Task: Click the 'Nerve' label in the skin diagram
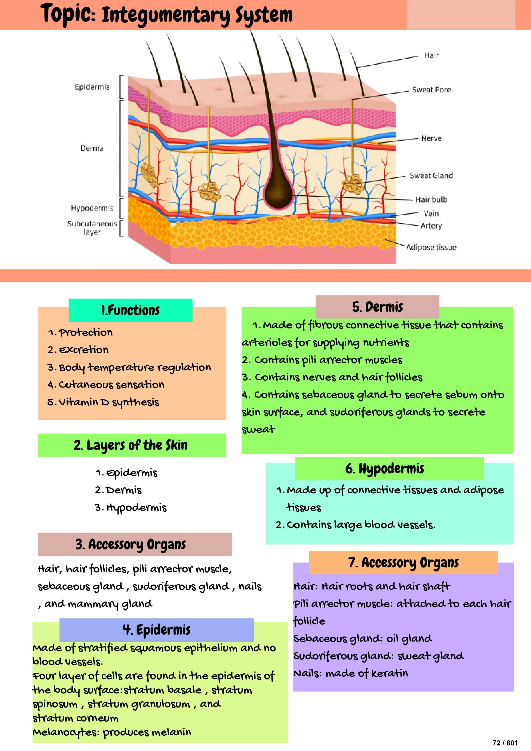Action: coord(431,138)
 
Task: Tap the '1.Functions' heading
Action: coord(131,310)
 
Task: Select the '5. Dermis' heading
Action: coord(377,307)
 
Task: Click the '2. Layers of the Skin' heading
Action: coord(131,445)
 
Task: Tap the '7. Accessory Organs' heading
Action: coord(403,563)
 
